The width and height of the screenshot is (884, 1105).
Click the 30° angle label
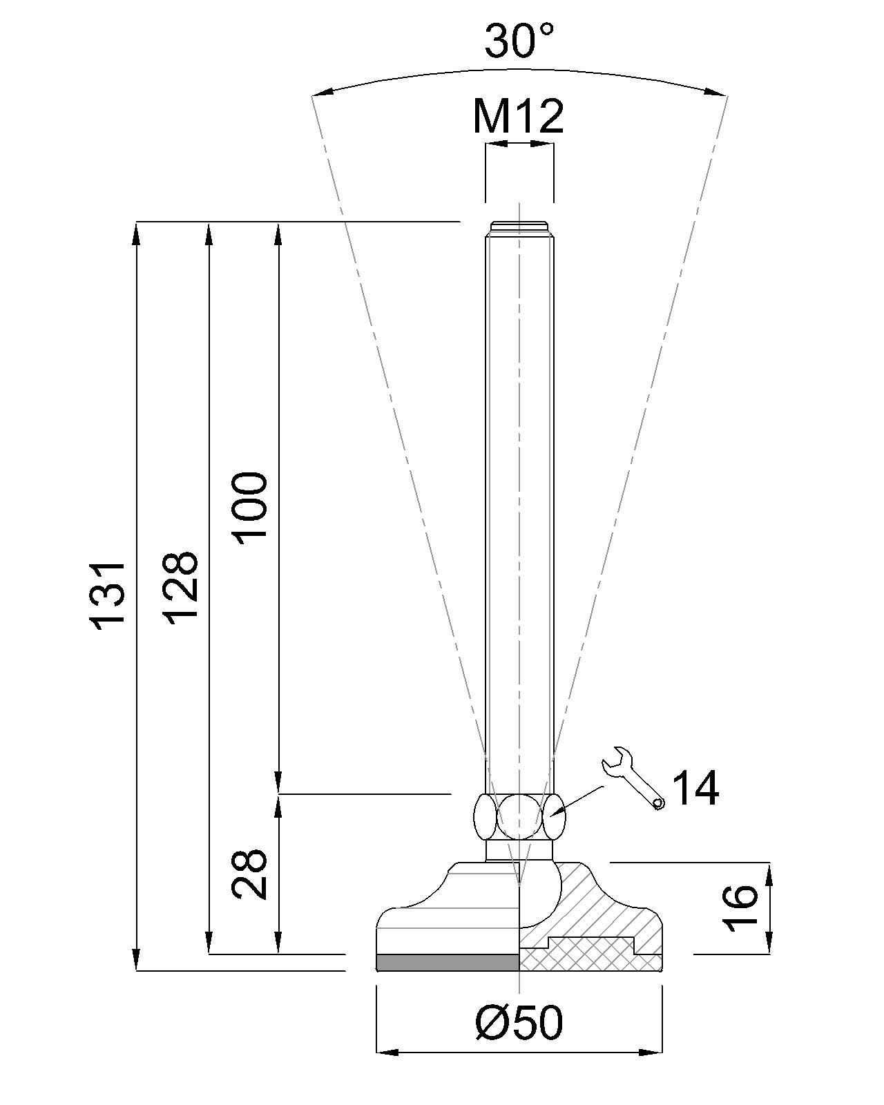[519, 41]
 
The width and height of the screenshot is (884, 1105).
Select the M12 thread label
[518, 116]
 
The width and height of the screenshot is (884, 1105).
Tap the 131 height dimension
[110, 594]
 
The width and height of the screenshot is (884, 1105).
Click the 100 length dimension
[250, 508]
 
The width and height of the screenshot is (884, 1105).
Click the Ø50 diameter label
[519, 1023]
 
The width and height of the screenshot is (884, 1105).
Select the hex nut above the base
[519, 816]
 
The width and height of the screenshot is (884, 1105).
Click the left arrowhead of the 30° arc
[319, 93]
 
